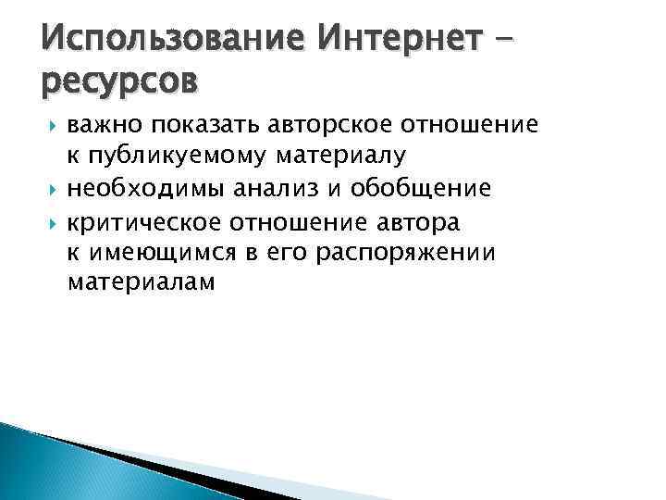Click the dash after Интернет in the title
529,41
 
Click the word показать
195,124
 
